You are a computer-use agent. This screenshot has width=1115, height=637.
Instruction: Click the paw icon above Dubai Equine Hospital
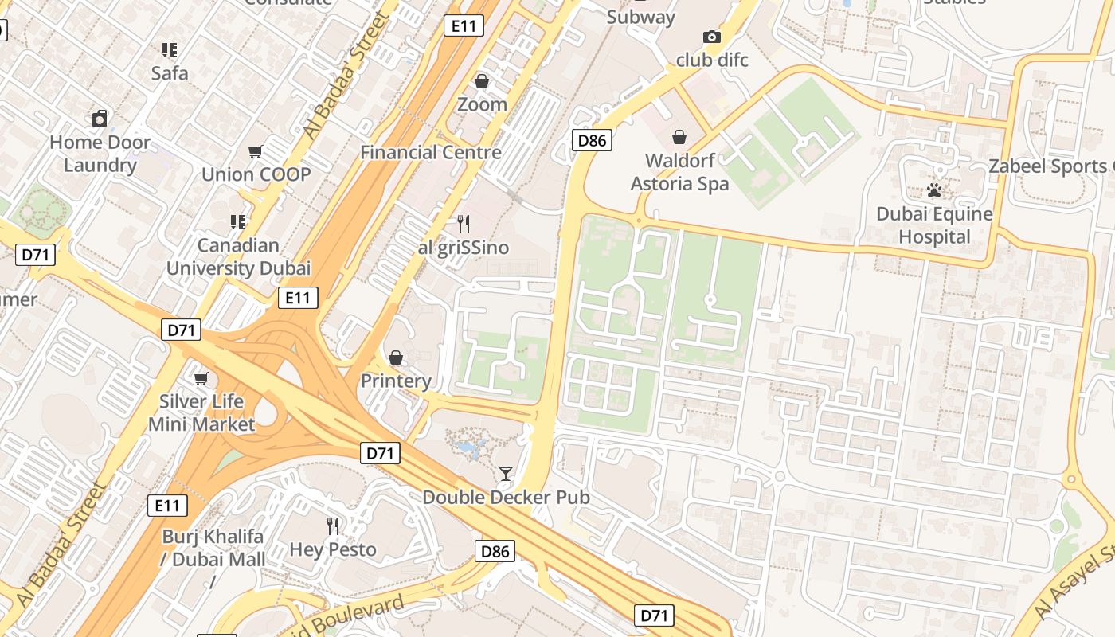pyautogui.click(x=934, y=190)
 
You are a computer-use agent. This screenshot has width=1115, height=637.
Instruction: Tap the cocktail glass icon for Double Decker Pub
pyautogui.click(x=505, y=474)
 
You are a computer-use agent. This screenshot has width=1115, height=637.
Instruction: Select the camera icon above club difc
pyautogui.click(x=711, y=37)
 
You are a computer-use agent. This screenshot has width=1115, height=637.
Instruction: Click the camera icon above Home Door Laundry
pyautogui.click(x=100, y=119)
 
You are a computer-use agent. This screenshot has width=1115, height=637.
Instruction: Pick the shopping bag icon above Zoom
pyautogui.click(x=481, y=81)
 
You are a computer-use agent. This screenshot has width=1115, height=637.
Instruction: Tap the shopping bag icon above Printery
pyautogui.click(x=395, y=358)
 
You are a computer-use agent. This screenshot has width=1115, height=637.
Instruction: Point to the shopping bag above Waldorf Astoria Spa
pyautogui.click(x=679, y=137)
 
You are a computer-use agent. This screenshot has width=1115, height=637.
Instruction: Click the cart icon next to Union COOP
pyautogui.click(x=255, y=151)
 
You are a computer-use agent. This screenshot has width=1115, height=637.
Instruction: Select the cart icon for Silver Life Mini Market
pyautogui.click(x=201, y=378)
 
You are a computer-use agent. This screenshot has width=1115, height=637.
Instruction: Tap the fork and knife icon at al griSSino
pyautogui.click(x=464, y=224)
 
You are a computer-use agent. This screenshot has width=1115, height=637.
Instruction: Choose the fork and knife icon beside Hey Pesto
pyautogui.click(x=333, y=526)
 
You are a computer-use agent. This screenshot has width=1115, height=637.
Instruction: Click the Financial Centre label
pyautogui.click(x=431, y=152)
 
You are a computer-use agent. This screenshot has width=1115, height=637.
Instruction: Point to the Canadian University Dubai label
pyautogui.click(x=238, y=256)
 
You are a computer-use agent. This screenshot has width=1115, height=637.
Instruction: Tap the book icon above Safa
pyautogui.click(x=170, y=50)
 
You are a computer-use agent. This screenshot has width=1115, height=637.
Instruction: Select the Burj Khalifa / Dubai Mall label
pyautogui.click(x=213, y=548)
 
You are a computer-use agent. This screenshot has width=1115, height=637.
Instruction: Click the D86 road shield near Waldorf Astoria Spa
pyautogui.click(x=592, y=141)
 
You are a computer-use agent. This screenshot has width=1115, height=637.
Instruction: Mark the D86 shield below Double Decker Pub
pyautogui.click(x=495, y=551)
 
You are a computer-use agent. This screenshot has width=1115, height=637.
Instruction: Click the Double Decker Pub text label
pyautogui.click(x=506, y=498)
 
